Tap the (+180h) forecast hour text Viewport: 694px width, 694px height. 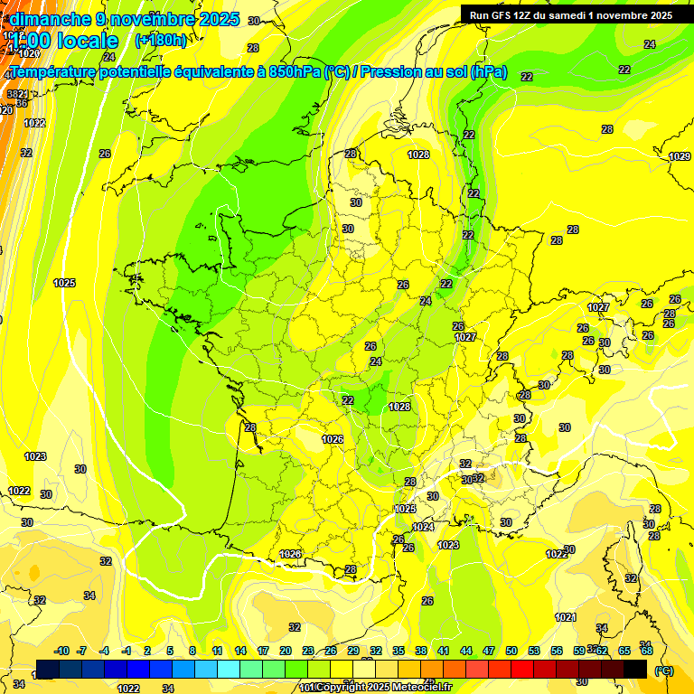160,41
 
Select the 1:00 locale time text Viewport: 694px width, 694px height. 65,42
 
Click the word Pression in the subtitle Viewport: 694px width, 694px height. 396,72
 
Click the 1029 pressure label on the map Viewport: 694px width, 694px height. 680,156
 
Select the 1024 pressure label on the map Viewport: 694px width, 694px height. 422,527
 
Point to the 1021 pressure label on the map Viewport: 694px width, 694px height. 565,617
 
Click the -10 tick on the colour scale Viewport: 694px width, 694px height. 62,651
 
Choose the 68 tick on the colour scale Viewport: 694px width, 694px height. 647,651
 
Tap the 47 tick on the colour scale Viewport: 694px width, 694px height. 489,651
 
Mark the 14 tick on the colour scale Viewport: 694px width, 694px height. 240,651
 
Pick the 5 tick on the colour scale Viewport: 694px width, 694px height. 171,651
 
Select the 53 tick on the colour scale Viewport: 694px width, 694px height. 534,651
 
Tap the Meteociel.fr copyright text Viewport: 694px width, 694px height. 380,688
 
